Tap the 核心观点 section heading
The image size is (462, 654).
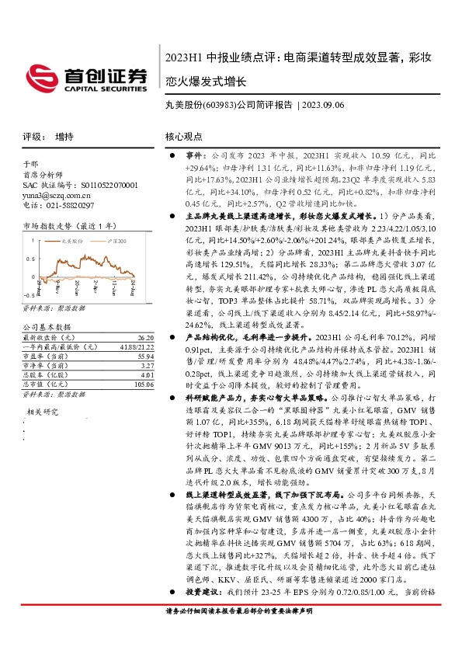[x=183, y=137]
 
